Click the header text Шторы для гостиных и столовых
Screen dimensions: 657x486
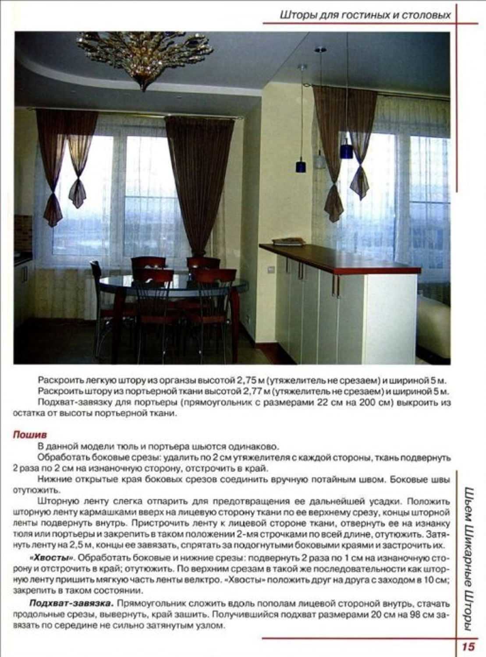[365, 15]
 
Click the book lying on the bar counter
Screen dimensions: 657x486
[288, 241]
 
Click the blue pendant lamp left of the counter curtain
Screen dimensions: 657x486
[301, 166]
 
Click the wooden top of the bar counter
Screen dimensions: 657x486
[342, 258]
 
